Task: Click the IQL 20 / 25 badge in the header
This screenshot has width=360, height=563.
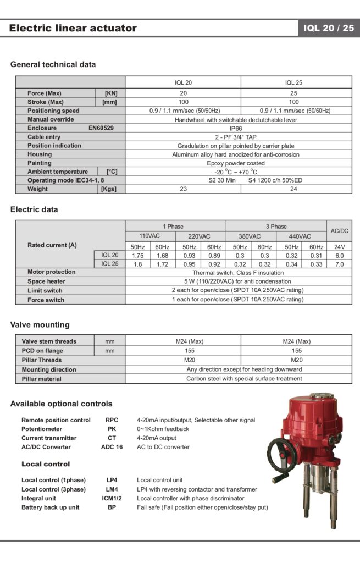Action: pos(329,28)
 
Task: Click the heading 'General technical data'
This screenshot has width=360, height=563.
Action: pos(53,64)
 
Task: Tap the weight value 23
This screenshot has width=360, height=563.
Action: pos(183,189)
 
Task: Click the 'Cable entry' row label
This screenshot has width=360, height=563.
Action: pos(44,137)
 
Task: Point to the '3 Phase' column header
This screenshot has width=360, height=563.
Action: pos(276,227)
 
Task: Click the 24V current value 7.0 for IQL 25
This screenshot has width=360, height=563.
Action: pos(339,264)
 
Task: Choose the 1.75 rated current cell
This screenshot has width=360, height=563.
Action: pos(138,255)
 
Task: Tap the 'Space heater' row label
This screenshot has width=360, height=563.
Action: pos(47,281)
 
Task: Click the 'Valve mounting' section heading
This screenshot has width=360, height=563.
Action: pos(40,324)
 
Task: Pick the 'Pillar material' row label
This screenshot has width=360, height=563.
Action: pos(42,379)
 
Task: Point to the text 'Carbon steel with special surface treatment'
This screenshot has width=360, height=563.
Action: pos(243,379)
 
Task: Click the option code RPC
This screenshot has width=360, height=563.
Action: pos(112,420)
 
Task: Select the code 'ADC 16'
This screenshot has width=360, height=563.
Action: pos(112,447)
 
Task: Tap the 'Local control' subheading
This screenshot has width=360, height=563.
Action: pos(46,464)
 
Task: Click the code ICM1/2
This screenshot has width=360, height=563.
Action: pos(112,498)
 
